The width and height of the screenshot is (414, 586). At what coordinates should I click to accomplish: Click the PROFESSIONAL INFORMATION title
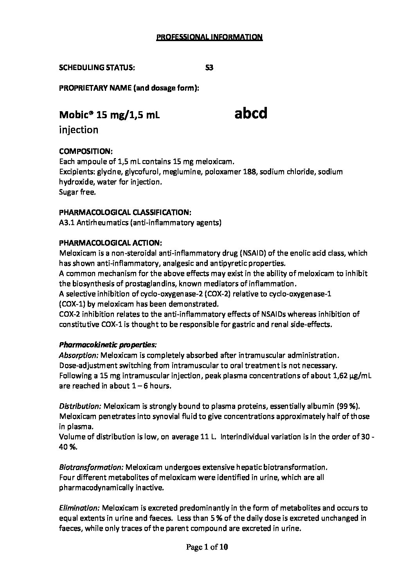[x=209, y=37]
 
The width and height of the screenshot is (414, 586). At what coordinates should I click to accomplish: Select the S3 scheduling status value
[x=209, y=68]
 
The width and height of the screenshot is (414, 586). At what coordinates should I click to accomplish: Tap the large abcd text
[x=251, y=114]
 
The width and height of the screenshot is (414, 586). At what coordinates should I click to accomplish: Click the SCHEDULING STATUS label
[x=97, y=68]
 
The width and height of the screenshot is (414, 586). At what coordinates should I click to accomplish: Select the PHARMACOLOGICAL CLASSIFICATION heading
[x=125, y=213]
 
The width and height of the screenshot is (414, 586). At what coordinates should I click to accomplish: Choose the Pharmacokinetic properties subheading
[x=108, y=345]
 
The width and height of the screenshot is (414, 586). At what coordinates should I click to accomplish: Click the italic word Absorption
[x=79, y=355]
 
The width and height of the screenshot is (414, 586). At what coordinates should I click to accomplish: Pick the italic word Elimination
[x=79, y=508]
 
